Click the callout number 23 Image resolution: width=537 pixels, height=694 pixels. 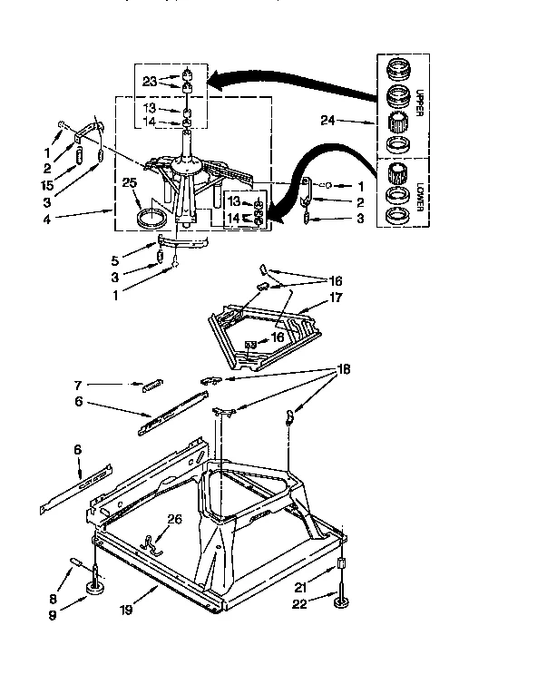[x=150, y=81]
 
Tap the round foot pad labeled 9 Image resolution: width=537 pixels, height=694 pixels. [x=94, y=592]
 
